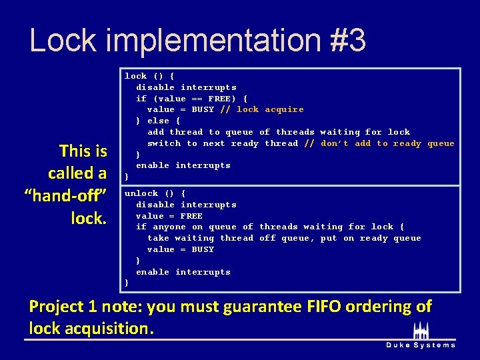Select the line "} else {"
point(158,121)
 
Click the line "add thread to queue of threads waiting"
point(279,132)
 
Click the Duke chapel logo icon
point(421,330)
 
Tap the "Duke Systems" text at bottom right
point(421,345)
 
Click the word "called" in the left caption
point(77,173)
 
